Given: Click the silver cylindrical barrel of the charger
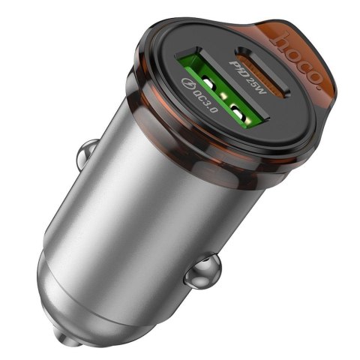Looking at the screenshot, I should coord(150,202).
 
